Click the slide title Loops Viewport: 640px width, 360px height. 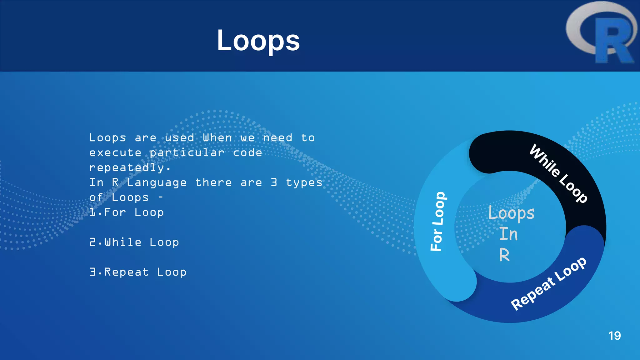tap(258, 41)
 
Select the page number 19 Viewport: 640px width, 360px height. tap(614, 336)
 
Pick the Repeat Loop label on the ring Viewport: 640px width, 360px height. tap(548, 283)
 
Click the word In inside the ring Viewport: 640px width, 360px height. tap(508, 234)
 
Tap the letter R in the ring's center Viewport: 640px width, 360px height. tap(504, 255)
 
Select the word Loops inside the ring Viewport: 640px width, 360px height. tap(511, 213)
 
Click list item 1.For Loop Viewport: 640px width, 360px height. tap(127, 212)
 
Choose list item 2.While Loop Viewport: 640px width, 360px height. tap(134, 242)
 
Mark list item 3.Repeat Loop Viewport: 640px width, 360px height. tap(138, 272)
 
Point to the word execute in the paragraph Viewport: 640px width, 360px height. tap(115, 153)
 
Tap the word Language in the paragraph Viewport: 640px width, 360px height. tap(157, 182)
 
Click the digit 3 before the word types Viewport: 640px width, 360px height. tap(274, 182)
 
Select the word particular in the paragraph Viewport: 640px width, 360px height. tap(187, 153)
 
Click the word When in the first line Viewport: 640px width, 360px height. tap(217, 138)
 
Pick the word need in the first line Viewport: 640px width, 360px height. tap(277, 138)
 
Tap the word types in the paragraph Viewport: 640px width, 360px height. tap(304, 182)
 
